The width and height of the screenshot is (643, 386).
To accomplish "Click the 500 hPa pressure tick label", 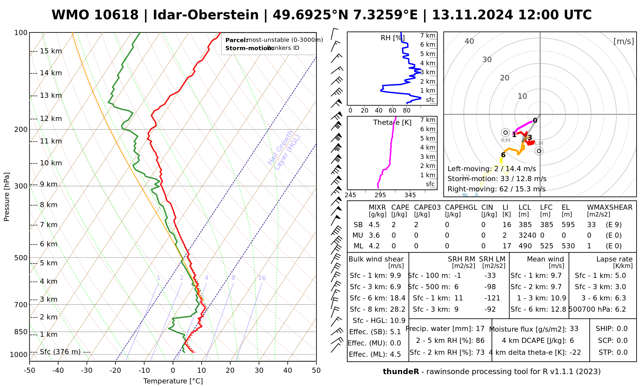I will [x=21, y=258].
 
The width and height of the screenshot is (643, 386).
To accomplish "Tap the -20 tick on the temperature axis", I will [x=115, y=371].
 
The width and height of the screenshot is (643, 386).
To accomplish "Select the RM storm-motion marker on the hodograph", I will [x=505, y=133].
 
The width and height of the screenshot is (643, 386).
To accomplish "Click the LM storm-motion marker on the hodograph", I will [x=539, y=151].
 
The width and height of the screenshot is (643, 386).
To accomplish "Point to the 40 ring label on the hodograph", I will [x=469, y=41].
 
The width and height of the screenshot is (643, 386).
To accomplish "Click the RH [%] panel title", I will [x=392, y=38].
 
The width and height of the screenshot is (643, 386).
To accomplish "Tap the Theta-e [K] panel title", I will [x=392, y=123].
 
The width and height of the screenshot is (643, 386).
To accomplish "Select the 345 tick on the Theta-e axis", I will [x=410, y=195].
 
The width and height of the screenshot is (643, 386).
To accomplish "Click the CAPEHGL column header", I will [x=461, y=207].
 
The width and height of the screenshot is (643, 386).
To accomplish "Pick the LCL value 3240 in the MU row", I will [x=527, y=235].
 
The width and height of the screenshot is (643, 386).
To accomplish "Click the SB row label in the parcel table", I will [x=358, y=225].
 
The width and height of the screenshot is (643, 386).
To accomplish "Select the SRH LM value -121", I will [x=492, y=298].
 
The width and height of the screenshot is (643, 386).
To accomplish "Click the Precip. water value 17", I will [x=480, y=329].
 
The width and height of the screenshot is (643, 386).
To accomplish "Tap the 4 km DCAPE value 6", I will [x=572, y=341].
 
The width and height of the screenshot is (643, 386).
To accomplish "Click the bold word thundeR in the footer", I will [x=401, y=372].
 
